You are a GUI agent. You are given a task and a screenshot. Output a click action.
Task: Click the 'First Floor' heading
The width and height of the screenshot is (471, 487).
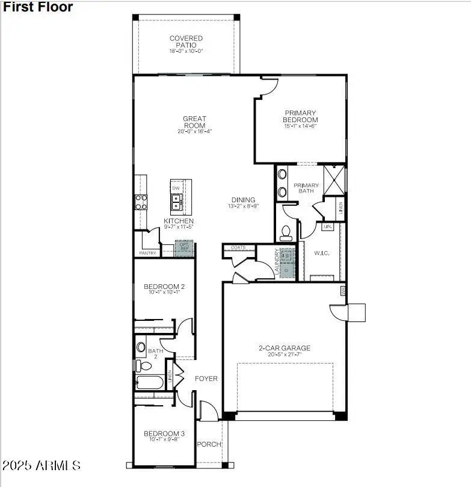(38, 7)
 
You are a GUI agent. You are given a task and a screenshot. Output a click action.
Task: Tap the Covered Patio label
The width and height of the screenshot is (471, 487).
(186, 42)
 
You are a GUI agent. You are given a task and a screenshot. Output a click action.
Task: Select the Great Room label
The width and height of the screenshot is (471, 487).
(194, 122)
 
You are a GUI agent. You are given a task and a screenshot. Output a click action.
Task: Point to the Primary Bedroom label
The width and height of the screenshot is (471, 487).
(301, 116)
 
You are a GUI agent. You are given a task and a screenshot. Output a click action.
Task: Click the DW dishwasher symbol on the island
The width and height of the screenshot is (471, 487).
(176, 188)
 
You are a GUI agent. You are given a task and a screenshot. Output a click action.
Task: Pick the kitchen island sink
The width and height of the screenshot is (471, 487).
(177, 206)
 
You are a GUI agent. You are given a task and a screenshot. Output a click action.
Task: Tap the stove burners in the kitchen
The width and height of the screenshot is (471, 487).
(141, 202)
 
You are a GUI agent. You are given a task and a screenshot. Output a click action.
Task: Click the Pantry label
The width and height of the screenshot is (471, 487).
(147, 253)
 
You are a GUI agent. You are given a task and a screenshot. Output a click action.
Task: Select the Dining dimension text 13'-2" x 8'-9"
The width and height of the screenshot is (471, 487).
(243, 206)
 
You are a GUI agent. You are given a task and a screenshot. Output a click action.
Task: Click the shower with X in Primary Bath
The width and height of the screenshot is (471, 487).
(334, 179)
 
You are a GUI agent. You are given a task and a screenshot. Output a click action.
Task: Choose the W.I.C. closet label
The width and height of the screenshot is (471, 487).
(321, 253)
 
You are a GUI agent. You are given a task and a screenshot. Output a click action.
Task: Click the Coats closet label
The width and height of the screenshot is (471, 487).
(238, 247)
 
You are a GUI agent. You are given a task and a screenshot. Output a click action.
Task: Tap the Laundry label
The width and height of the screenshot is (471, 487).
(277, 262)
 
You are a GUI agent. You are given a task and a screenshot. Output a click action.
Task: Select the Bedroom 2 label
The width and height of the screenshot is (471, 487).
(164, 287)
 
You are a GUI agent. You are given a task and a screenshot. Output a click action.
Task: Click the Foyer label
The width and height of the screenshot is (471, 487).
(206, 379)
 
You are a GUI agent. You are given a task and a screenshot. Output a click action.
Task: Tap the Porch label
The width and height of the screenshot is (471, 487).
(209, 444)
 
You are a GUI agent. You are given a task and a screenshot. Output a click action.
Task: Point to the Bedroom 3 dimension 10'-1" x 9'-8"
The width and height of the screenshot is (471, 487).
(164, 439)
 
